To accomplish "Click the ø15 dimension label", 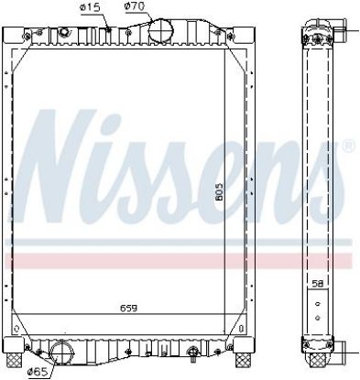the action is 90,7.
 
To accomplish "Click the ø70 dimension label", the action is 135,6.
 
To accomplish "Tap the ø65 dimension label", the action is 38,372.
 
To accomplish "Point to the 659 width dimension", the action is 128,308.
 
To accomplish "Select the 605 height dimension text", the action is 219,191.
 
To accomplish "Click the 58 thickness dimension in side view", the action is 318,284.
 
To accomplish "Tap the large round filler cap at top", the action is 160,30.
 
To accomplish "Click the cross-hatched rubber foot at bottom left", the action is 16,361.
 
